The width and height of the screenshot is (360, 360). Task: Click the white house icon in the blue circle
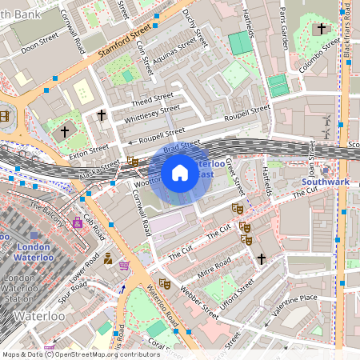coord(180,173)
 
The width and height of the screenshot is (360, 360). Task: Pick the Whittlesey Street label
coord(153,114)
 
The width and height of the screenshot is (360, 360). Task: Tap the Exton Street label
coord(88,150)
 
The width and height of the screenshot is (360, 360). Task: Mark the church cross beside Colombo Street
coord(322,29)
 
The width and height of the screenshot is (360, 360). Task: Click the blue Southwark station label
coord(325,182)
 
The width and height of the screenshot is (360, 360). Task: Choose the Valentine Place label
coord(295,302)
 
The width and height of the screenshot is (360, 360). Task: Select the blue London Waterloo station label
coord(34,253)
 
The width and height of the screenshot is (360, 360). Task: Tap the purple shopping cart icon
coord(124,265)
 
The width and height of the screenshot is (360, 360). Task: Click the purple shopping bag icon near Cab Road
coord(78,222)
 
